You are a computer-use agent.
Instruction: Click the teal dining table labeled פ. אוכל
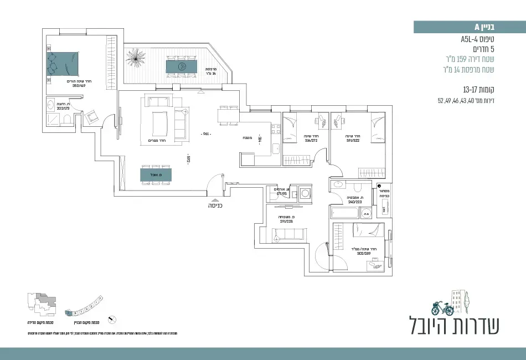point(156,175)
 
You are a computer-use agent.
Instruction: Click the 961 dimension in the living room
point(205,134)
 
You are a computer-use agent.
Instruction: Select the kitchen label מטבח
point(247,138)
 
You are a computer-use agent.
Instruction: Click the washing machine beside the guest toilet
point(305,194)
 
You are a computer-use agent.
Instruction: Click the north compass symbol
point(113,319)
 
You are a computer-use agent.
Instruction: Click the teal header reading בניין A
point(470,27)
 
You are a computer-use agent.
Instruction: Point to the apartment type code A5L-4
point(482,40)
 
